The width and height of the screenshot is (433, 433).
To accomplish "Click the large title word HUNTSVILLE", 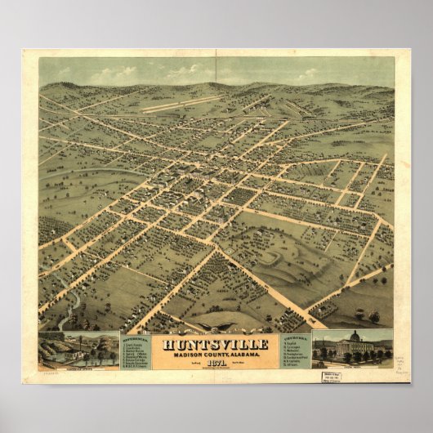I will click(x=216, y=344).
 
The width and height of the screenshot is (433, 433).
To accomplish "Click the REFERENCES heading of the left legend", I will click(x=136, y=337).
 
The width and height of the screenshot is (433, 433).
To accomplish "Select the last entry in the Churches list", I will click(x=294, y=364).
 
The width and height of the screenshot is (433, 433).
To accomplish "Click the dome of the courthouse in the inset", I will click(x=355, y=337).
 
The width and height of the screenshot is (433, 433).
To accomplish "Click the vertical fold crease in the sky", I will click(x=216, y=69).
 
